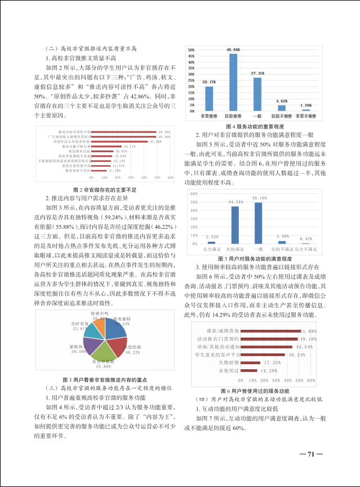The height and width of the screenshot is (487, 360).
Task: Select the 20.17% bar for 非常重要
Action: (x=208, y=98)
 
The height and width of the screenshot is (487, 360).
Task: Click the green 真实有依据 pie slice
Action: (x=103, y=350)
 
